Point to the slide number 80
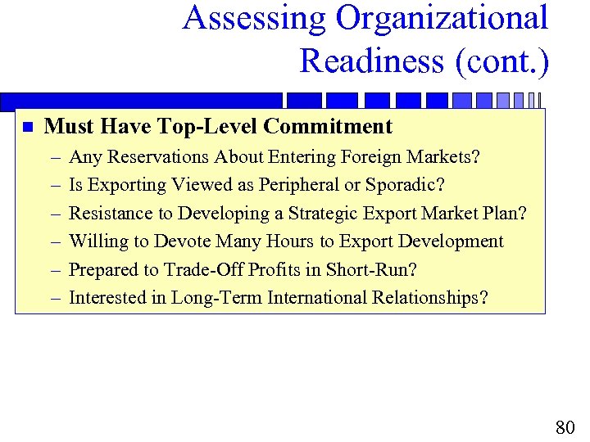coord(565,427)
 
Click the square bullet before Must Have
coord(25,128)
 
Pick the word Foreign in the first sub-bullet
coord(358,156)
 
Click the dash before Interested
coord(54,298)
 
